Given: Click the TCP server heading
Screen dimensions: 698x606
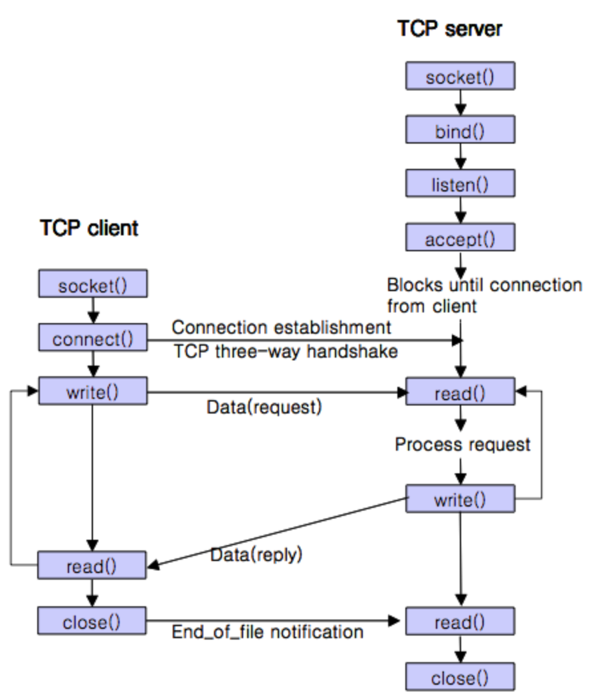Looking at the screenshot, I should point(449,29).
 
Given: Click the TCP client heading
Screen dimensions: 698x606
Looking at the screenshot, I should point(89,228).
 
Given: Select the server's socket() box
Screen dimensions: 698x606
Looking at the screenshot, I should point(460,77).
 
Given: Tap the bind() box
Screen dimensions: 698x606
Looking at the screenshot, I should point(460,130).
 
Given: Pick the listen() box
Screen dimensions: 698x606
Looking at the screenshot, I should point(460,184).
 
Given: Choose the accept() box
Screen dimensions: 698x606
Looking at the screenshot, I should point(460,239).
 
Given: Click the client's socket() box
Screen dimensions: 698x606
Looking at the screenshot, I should point(92,286).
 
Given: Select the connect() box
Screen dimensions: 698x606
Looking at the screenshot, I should point(92,339).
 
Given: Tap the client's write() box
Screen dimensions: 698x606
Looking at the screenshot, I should point(92,392).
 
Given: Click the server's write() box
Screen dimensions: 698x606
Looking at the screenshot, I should point(460,499).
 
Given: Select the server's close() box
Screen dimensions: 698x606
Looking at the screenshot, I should point(460,677).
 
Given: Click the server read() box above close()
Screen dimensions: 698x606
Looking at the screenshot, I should point(460,623).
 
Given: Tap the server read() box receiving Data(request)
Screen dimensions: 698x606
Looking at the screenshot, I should point(460,392).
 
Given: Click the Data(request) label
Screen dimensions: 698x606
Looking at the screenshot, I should point(264,407).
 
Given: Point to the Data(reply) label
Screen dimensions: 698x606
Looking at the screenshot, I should point(256,554).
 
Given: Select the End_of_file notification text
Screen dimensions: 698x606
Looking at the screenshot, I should point(267,631).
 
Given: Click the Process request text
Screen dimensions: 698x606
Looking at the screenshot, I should point(462,444).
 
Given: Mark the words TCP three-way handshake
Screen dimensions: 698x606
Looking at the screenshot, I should point(286,352).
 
